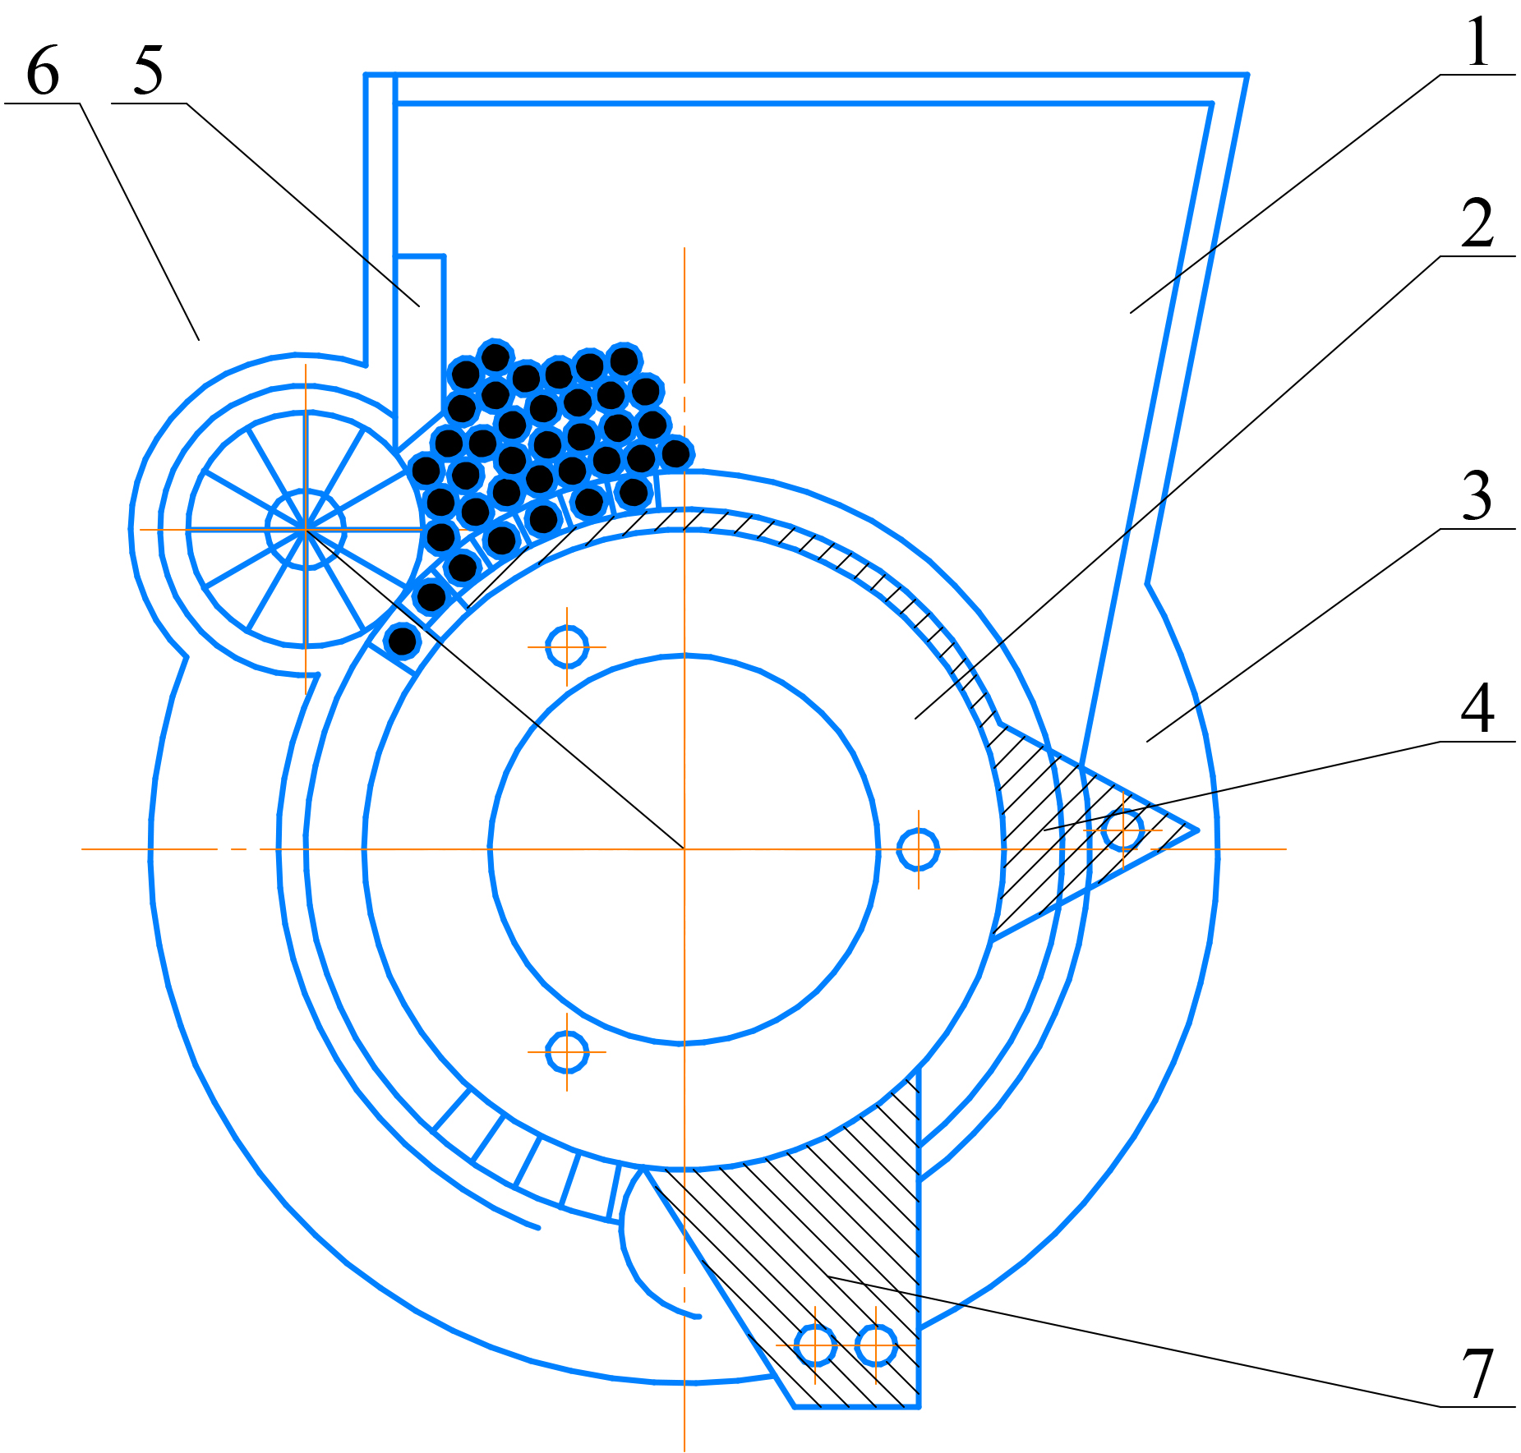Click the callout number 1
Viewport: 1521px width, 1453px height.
(1477, 42)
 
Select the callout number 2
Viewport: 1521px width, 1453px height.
(1477, 223)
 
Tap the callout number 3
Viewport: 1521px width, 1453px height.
(1477, 495)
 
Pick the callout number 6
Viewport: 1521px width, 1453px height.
(43, 70)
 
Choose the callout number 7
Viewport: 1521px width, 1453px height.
(1477, 1373)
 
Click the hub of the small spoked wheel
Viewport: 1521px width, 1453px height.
(306, 530)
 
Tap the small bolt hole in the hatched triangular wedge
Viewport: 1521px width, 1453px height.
(1123, 830)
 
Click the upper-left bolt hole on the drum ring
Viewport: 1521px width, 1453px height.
(567, 647)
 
